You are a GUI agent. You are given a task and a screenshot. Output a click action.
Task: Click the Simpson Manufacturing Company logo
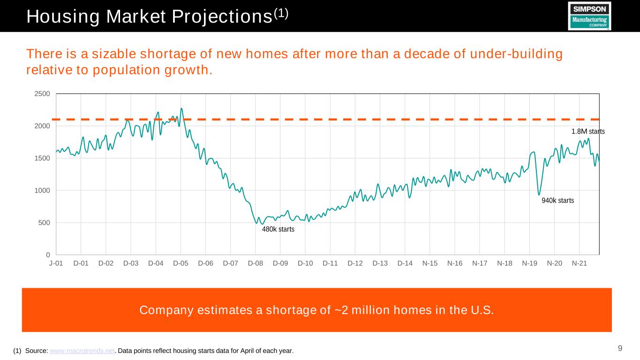[x=589, y=16]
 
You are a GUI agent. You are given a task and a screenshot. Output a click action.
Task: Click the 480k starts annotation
[x=278, y=229]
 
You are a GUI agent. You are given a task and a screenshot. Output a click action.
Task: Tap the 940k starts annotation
[x=557, y=201]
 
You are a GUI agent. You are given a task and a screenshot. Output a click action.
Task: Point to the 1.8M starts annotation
[x=588, y=132]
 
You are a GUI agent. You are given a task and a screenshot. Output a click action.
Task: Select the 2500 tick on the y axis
[x=43, y=94]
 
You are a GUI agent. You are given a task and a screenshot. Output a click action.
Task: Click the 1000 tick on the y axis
[x=43, y=190]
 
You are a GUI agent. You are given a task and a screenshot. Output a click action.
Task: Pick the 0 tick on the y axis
[x=48, y=255]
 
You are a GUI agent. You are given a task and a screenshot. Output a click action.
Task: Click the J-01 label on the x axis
[x=56, y=263]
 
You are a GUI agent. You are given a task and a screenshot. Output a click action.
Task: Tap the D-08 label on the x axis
[x=256, y=263]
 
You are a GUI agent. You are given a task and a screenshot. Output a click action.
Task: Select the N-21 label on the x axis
[x=580, y=263]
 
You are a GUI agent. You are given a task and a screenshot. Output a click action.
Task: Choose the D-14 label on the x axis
[x=405, y=263]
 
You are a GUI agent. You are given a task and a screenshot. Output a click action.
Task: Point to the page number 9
[x=620, y=348]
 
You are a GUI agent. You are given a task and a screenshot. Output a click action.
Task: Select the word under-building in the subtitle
[x=521, y=54]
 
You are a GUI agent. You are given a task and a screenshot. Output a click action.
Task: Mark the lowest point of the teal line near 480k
[x=262, y=224]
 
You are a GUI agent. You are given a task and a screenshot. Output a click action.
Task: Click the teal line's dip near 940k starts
[x=539, y=195]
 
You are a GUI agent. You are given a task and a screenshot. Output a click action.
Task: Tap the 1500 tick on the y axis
[x=43, y=158]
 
